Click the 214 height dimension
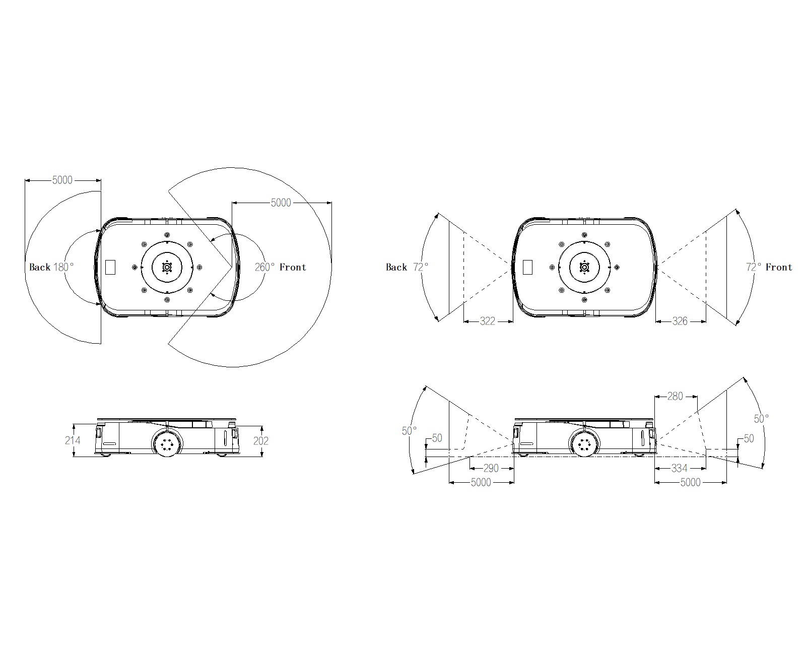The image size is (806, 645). [x=73, y=440]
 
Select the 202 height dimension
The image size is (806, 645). [x=260, y=441]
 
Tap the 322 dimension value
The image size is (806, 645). [x=487, y=321]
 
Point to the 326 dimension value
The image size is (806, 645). [x=680, y=321]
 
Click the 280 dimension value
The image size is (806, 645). [x=675, y=396]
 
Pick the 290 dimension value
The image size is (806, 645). [x=491, y=468]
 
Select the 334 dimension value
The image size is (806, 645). [x=679, y=468]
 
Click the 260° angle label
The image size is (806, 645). [x=264, y=267]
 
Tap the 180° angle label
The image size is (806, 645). [x=63, y=267]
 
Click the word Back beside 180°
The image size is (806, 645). [x=40, y=267]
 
